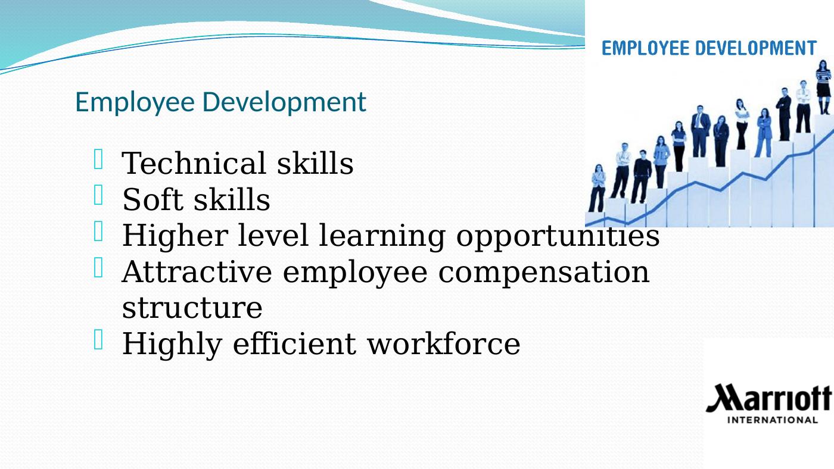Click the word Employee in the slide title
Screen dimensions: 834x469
(135, 102)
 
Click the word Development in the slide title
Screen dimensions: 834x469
(284, 102)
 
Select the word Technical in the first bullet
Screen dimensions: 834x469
(194, 163)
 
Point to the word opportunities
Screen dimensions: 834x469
(558, 236)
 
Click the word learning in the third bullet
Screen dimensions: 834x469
(382, 236)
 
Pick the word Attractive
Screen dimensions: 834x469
(197, 271)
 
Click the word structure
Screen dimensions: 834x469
(192, 308)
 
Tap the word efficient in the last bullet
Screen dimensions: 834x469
(294, 343)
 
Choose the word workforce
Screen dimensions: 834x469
(444, 343)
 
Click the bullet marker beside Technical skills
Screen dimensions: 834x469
(98, 159)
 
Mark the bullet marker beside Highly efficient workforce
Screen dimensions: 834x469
(98, 339)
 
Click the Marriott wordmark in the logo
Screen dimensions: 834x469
(768, 398)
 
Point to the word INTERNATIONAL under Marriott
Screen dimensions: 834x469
(773, 420)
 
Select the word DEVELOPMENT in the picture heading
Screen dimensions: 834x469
(756, 48)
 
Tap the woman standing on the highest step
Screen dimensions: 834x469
(823, 87)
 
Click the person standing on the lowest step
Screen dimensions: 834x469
(597, 188)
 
